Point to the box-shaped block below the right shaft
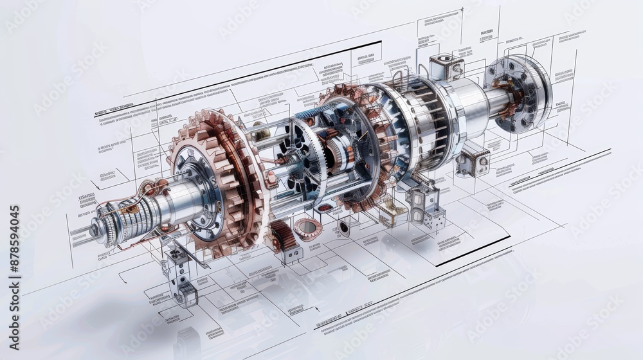[x=473, y=159]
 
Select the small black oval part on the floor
[x=344, y=228]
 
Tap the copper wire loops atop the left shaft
[x=148, y=188]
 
